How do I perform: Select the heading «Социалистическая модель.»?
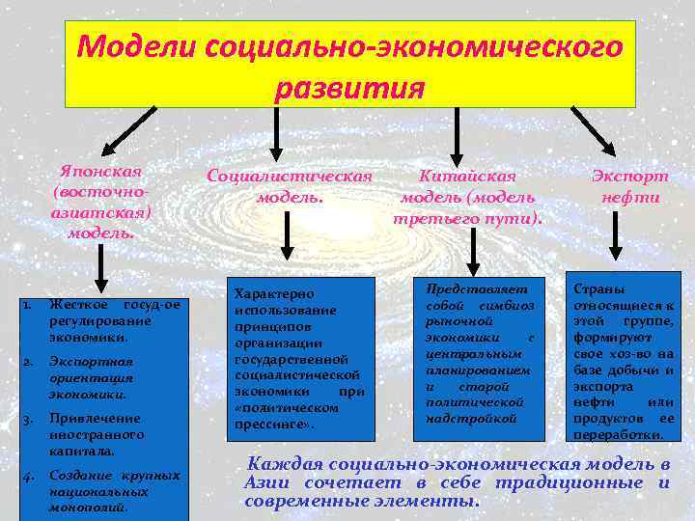point(289,186)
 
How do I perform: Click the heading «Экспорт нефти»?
point(629,186)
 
